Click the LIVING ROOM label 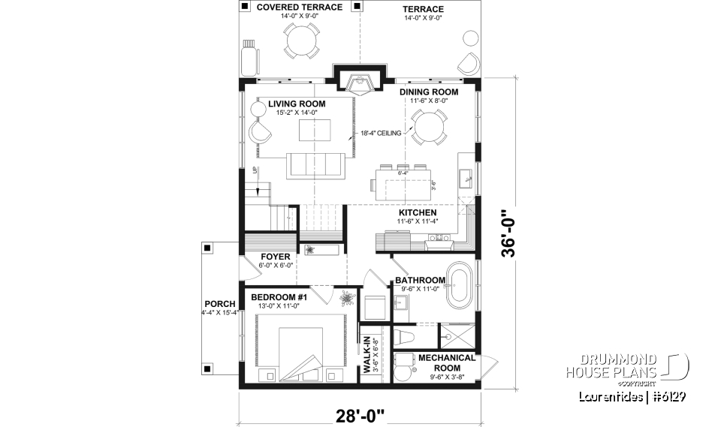pos(296,104)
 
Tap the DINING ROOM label pos(429,92)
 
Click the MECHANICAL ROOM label pos(446,362)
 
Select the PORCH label pos(219,304)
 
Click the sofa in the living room pos(315,164)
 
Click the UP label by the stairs pos(255,169)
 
